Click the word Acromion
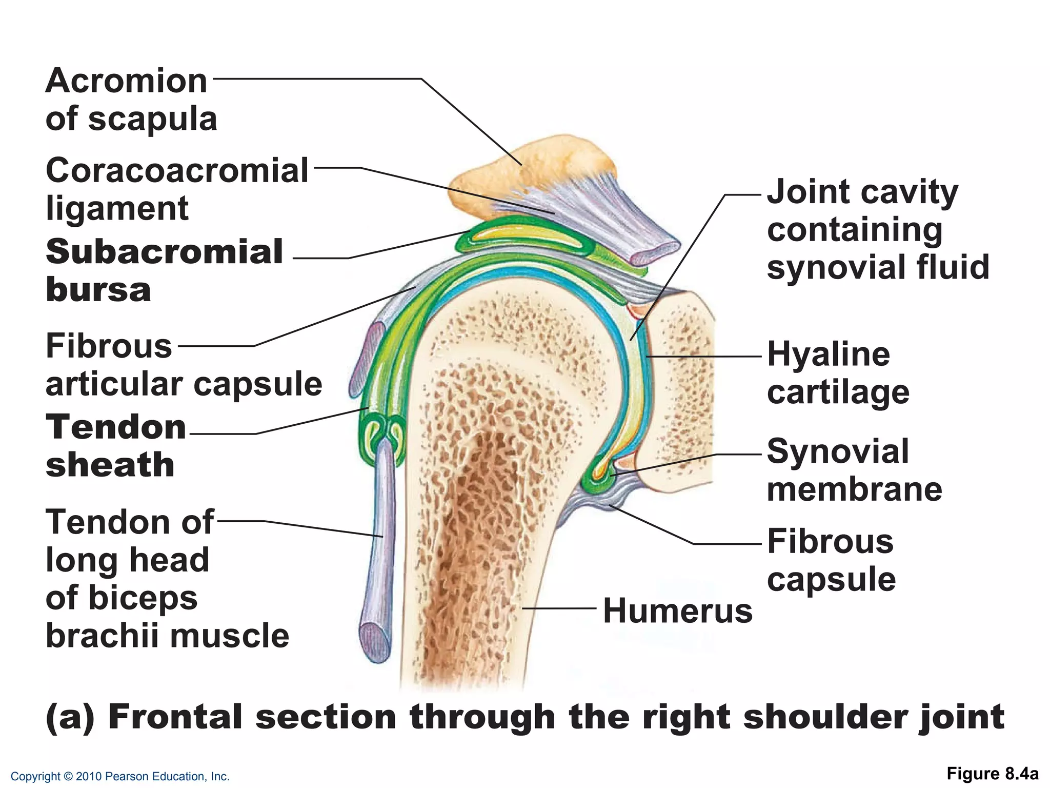[126, 81]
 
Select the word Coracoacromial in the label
[177, 170]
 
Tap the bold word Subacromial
[164, 252]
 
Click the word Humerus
[677, 611]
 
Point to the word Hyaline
[829, 354]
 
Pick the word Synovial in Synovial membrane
[838, 451]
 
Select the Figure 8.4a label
[993, 774]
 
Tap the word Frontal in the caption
[175, 717]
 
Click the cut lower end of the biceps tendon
[375, 641]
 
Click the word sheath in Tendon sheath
[110, 465]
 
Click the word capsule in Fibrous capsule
[831, 580]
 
